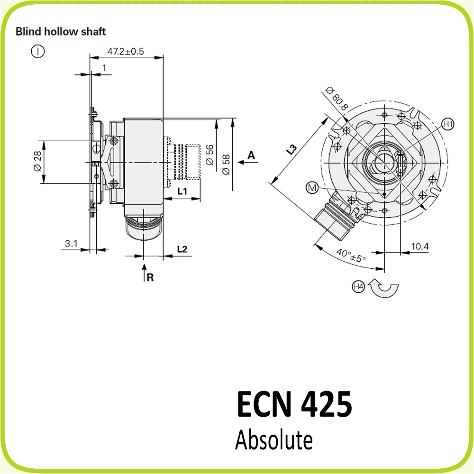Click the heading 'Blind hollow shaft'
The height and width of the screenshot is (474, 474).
click(61, 32)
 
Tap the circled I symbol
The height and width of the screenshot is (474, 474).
click(37, 51)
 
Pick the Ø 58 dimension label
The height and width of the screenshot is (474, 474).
click(226, 164)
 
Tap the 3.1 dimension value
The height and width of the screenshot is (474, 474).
click(71, 244)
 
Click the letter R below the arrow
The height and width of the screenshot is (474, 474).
click(150, 278)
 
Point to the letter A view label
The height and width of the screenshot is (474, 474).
click(251, 155)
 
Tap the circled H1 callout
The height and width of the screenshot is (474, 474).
click(447, 125)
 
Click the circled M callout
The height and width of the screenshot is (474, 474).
click(312, 188)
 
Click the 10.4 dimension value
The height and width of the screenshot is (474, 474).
click(420, 246)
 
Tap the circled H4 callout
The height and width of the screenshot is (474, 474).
click(358, 286)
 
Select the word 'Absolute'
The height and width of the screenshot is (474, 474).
click(274, 440)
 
